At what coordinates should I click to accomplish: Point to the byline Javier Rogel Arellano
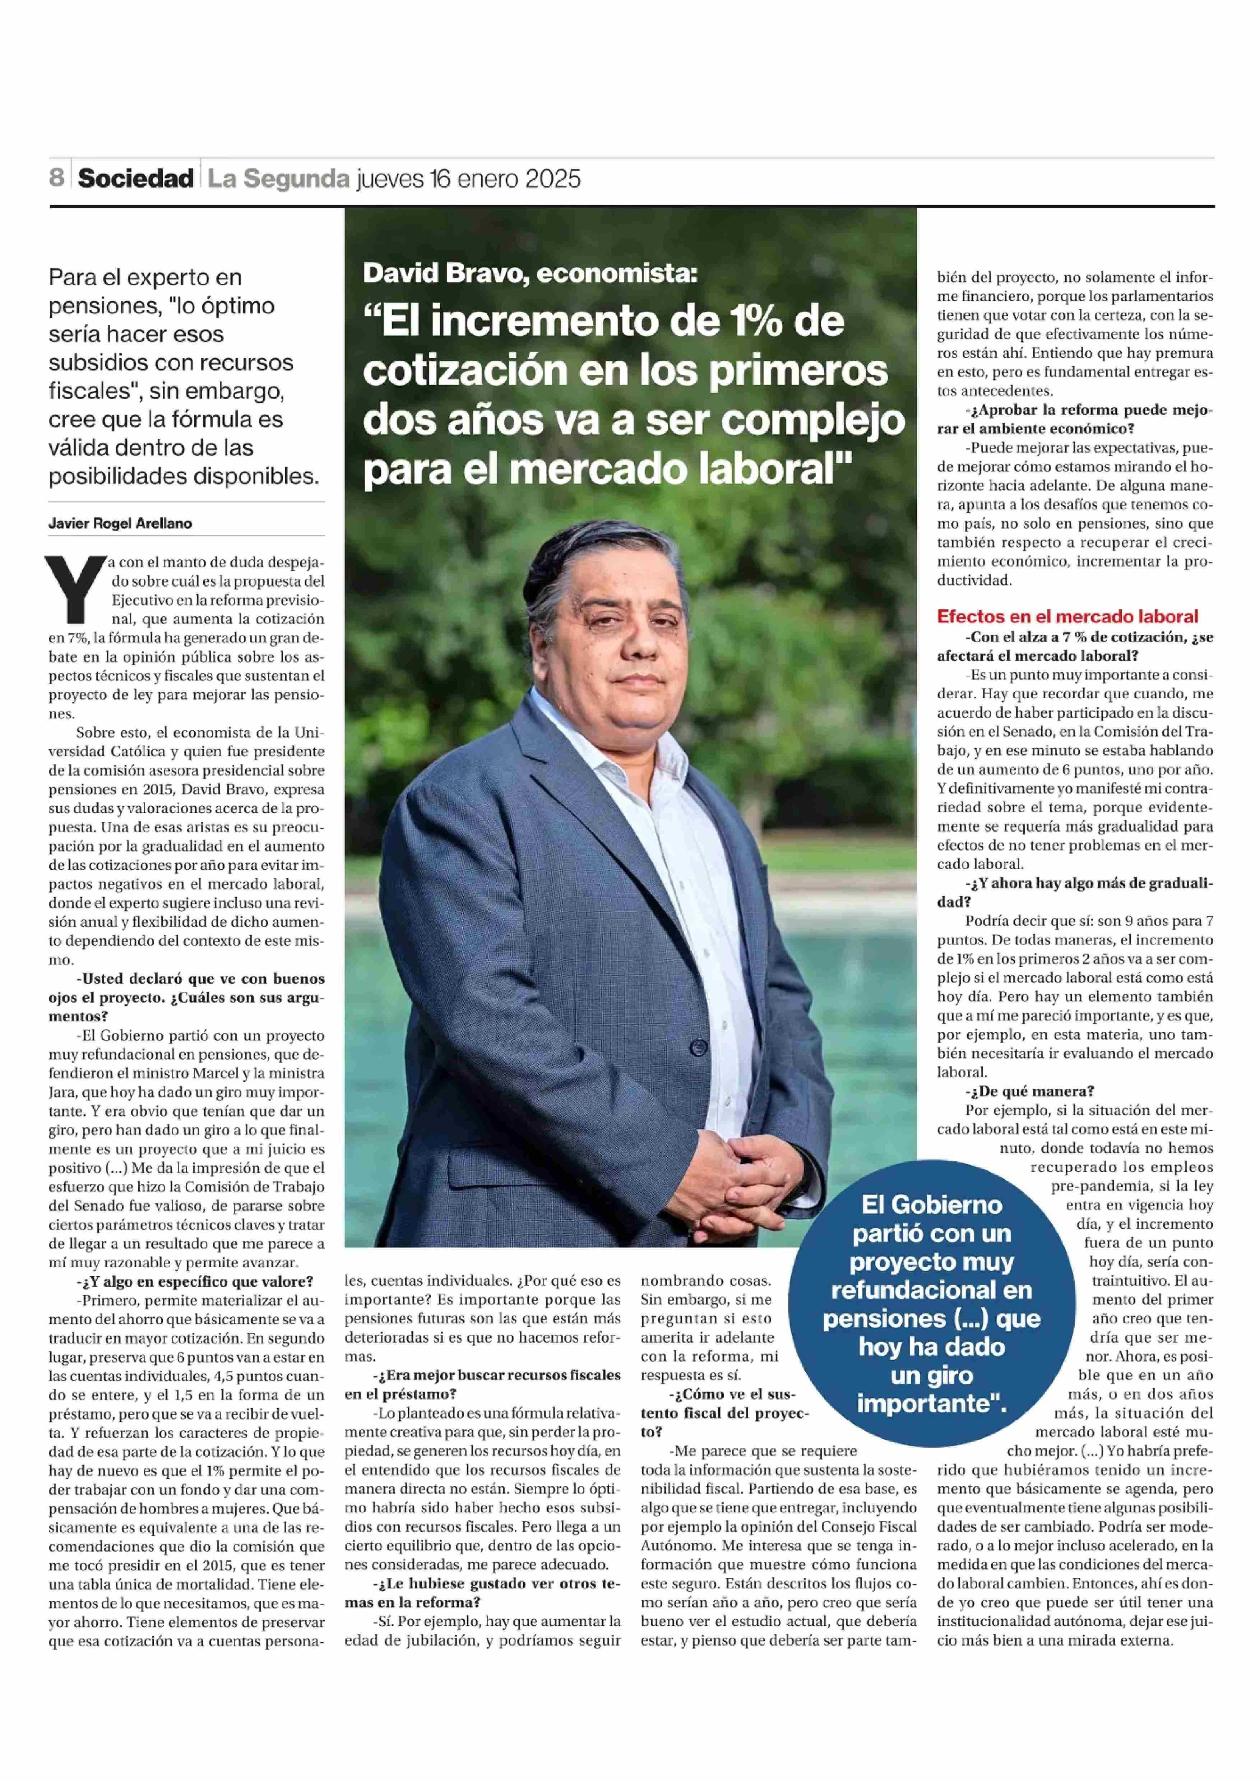[x=120, y=523]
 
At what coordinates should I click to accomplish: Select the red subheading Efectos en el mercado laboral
[x=1067, y=616]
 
